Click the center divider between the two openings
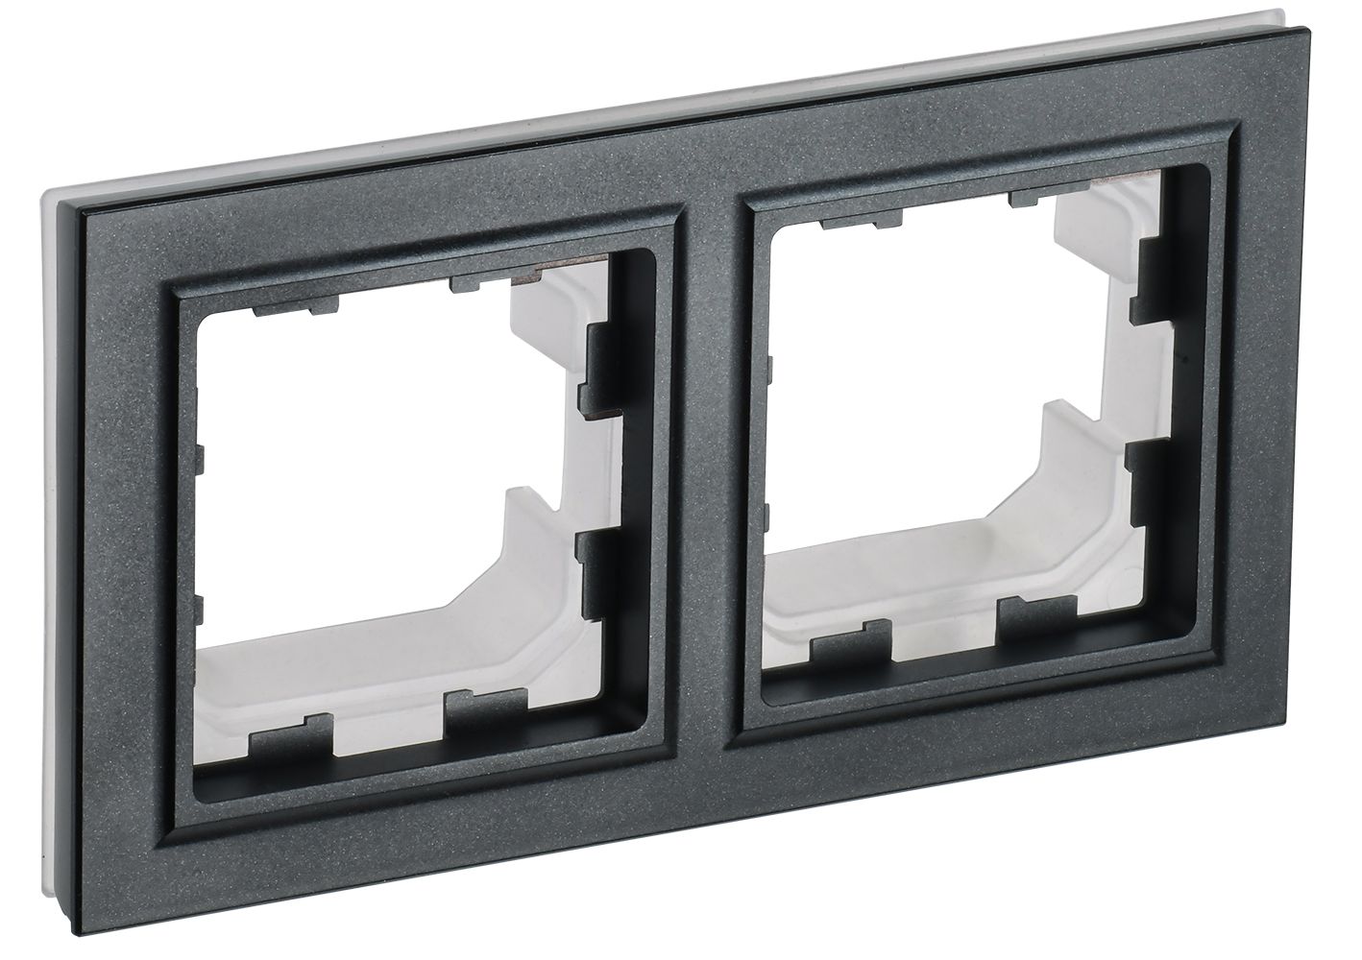[x=711, y=451]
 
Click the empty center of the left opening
[x=355, y=480]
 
